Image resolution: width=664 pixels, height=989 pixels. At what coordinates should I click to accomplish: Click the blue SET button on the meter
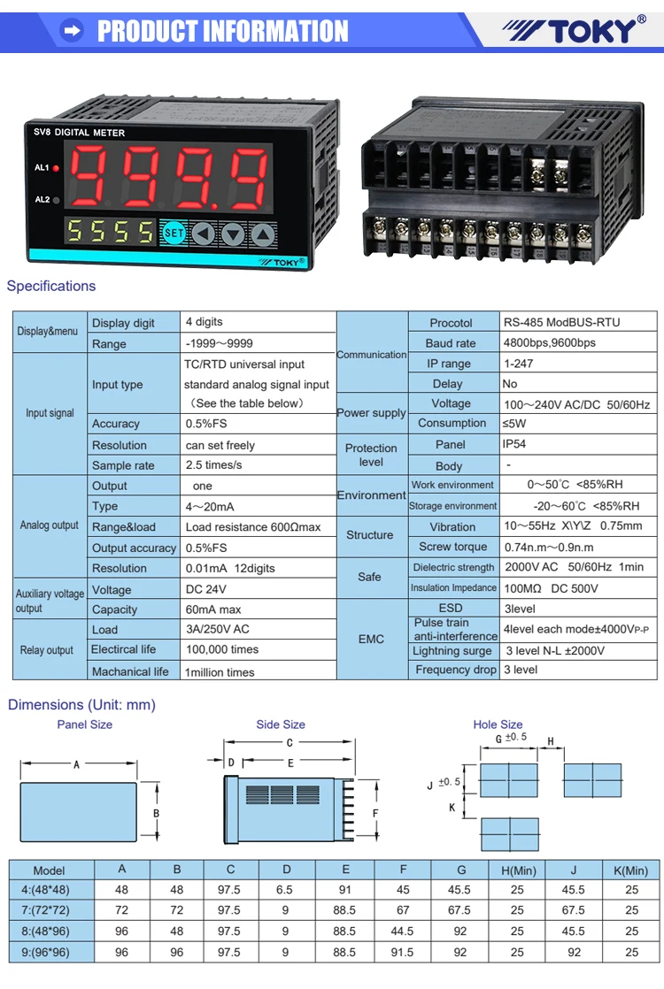pos(174,234)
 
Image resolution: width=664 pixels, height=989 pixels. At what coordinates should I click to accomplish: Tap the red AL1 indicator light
pos(56,167)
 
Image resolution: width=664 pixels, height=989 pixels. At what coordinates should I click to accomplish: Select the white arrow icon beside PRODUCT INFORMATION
pos(72,32)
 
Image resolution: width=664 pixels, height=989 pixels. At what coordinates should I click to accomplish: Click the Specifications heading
pos(51,286)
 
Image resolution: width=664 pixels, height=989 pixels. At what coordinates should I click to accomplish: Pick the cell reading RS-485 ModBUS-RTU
pos(561,322)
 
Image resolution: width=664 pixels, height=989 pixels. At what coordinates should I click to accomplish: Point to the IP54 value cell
pos(514,444)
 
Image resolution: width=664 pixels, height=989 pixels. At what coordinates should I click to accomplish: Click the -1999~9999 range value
pos(220,343)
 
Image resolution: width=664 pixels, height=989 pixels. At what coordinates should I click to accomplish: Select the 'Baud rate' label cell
pos(451,343)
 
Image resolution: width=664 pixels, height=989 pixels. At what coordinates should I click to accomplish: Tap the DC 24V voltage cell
pos(206,589)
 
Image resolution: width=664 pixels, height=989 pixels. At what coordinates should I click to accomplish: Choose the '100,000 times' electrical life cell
pos(222,649)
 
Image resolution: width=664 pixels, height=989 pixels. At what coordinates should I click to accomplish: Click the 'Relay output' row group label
pos(47,650)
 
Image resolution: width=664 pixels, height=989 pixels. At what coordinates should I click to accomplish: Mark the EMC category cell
pos(371,639)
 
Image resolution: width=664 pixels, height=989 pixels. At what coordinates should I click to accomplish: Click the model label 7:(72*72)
pos(50,910)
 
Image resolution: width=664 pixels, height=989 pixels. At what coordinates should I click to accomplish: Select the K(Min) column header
pos(631,870)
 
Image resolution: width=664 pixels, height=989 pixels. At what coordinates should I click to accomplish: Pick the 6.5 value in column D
pos(286,890)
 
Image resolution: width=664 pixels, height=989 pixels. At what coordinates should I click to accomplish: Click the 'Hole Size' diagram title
pos(498,724)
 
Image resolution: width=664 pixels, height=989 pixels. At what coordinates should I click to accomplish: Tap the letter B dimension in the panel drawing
pos(156,813)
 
